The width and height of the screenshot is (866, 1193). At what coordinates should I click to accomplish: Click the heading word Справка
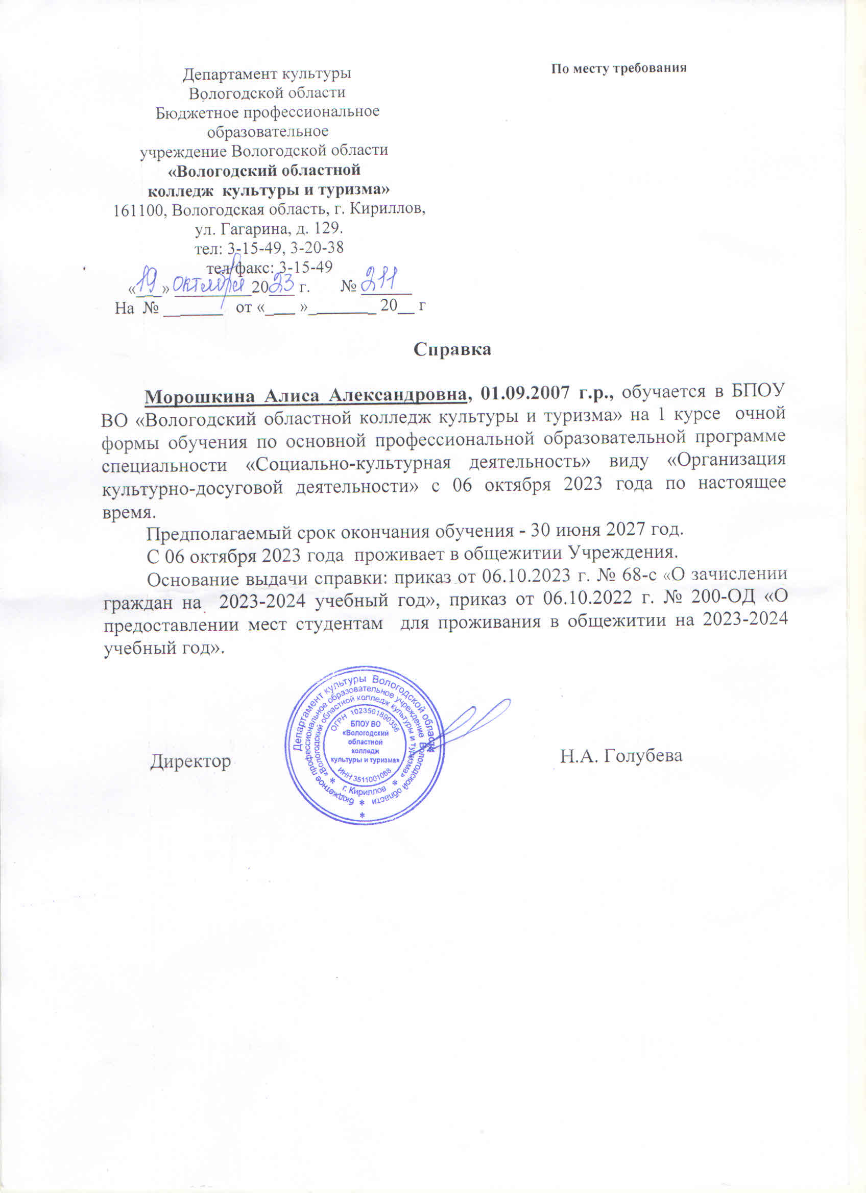click(452, 350)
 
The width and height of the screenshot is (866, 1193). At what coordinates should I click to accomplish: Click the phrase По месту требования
click(619, 68)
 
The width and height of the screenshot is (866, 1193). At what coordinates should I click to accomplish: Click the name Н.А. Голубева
click(621, 756)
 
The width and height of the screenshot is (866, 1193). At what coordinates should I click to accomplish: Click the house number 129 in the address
click(328, 229)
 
